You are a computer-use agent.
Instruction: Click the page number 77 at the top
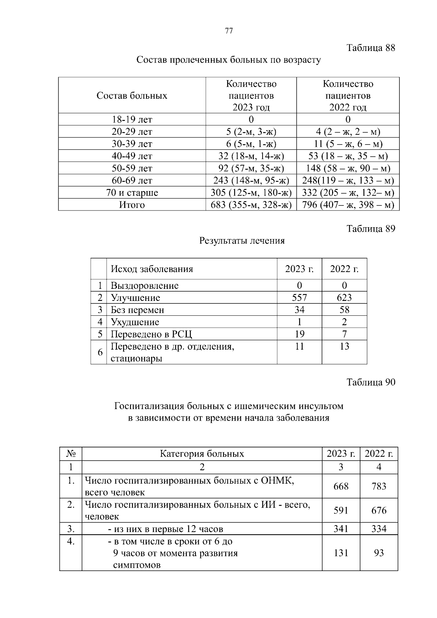point(229,31)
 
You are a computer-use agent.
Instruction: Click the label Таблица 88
point(370,48)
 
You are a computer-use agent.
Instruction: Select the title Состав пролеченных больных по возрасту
point(229,60)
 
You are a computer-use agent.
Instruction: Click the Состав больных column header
point(132,96)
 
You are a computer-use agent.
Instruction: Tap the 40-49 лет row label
point(132,156)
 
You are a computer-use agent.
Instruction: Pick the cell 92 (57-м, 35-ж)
point(251,168)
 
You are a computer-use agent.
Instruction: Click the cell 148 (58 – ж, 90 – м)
point(348,168)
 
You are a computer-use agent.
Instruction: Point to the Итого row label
point(132,205)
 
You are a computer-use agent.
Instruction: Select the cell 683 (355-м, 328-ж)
point(251,205)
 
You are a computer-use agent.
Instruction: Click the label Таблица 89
point(370,229)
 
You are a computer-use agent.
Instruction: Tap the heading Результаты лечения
point(242,241)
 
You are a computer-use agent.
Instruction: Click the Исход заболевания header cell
point(152,269)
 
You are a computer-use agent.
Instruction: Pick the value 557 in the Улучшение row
point(299,298)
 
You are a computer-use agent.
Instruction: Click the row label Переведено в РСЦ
point(151,334)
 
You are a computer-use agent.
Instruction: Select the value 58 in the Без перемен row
point(344,310)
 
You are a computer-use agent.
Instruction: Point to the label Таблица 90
point(370,382)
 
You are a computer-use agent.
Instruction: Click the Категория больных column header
point(202,454)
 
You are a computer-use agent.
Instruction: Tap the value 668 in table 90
point(341,487)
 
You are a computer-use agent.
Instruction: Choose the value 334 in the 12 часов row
point(379,529)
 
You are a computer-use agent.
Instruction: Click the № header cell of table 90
point(71,454)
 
